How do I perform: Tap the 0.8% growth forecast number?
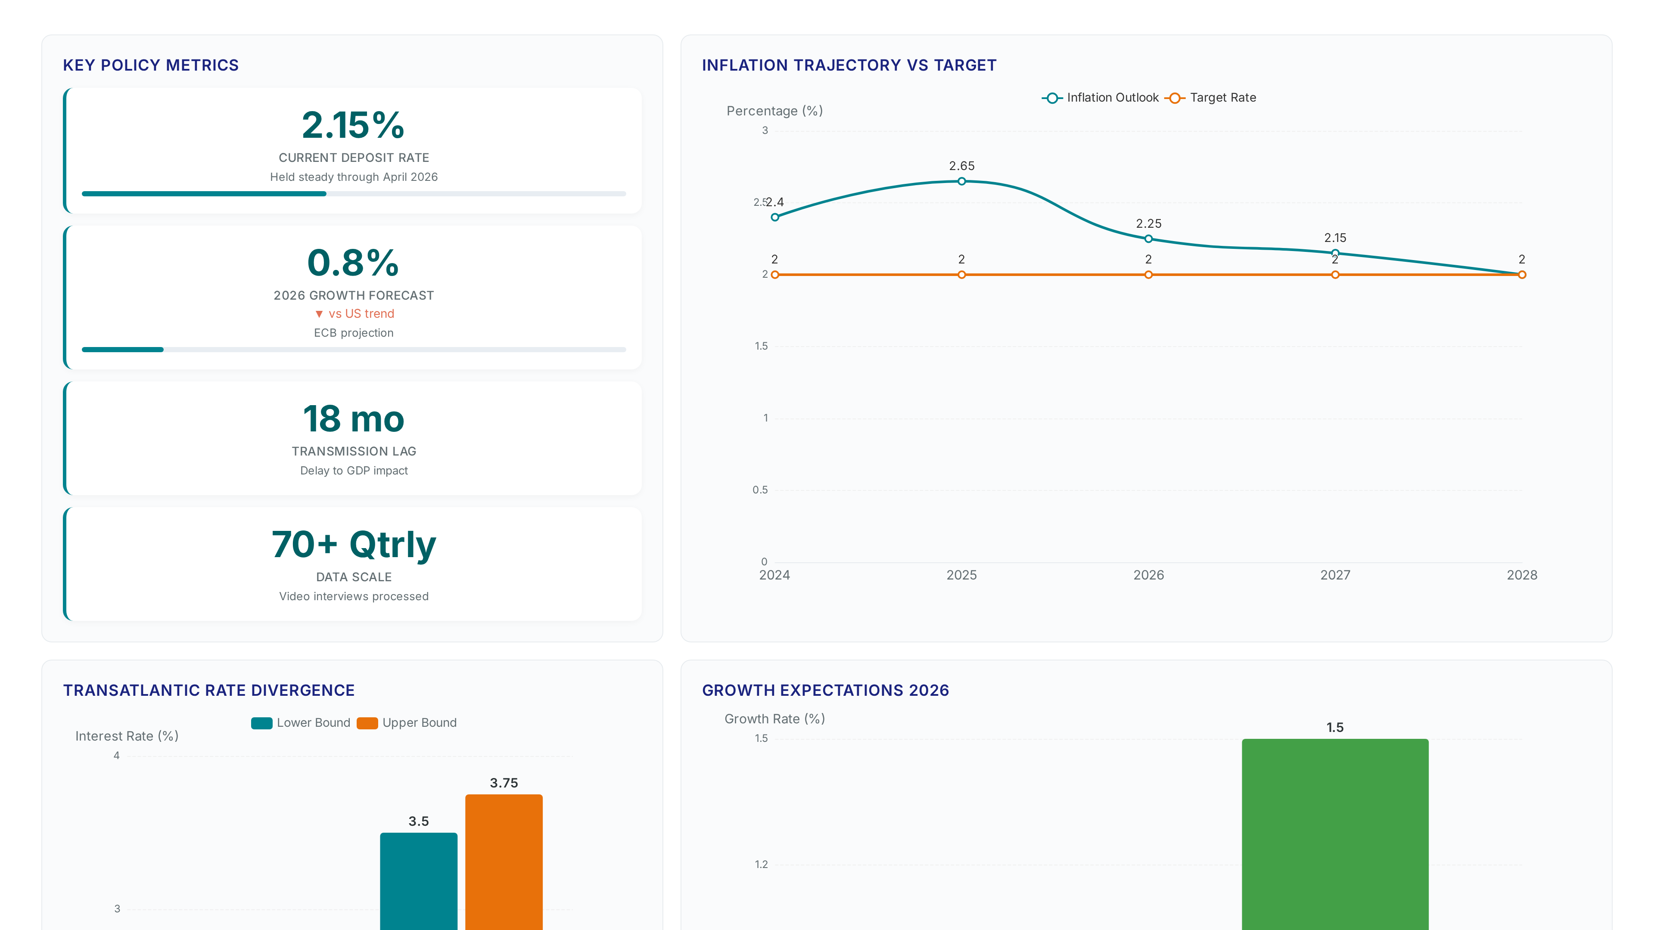[353, 263]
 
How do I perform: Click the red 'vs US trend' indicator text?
[354, 314]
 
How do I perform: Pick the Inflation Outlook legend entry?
[1100, 98]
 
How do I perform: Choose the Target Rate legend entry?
[1210, 98]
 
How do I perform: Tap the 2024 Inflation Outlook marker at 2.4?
[775, 217]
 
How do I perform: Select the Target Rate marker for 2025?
[961, 275]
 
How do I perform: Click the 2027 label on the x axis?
[1335, 575]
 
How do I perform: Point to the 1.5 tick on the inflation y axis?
[761, 346]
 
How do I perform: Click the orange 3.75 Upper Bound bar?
[504, 862]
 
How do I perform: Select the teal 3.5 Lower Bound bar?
[419, 881]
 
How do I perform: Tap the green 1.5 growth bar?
[1335, 834]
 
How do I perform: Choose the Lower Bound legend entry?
[301, 723]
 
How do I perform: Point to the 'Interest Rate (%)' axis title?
[127, 736]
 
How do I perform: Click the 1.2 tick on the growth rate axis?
[761, 865]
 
